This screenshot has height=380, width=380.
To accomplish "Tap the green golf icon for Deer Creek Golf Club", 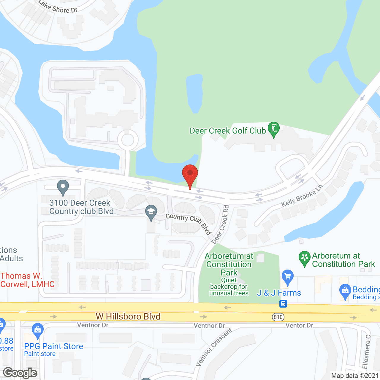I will [x=274, y=129].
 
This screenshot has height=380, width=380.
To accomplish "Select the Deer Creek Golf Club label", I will [x=228, y=131].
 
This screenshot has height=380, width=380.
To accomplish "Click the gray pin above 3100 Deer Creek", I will [x=63, y=187].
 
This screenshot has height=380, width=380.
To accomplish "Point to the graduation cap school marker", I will [x=151, y=212].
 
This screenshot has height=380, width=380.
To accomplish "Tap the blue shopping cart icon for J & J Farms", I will [x=287, y=277].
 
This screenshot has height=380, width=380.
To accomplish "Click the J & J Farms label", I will [x=279, y=293].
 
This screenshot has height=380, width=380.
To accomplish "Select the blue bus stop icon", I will [x=283, y=304].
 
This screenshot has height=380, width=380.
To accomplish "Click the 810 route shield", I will [x=278, y=317].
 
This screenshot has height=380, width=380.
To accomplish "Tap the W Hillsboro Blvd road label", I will [x=128, y=316].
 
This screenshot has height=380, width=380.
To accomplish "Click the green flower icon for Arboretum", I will [x=305, y=258].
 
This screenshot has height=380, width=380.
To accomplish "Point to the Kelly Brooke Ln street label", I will [x=302, y=196].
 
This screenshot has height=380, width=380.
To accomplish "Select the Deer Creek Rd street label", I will [x=221, y=224].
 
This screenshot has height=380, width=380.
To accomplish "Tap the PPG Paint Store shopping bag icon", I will [x=38, y=330].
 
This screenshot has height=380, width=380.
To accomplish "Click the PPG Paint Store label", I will [x=53, y=346].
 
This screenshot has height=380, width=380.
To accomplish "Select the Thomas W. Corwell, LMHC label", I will [x=28, y=280].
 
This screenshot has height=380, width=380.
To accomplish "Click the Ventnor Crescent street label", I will [x=214, y=347].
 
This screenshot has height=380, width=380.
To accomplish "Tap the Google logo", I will [x=20, y=373].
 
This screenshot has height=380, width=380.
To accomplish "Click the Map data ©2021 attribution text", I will [x=355, y=376].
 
